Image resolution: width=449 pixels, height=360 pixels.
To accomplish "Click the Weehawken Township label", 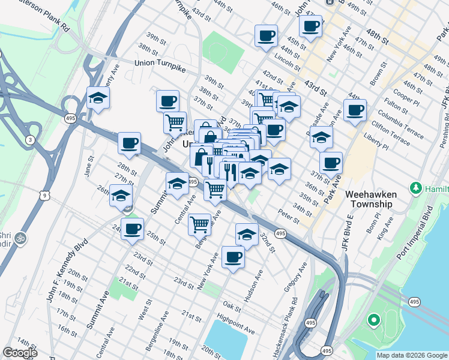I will click(x=369, y=199).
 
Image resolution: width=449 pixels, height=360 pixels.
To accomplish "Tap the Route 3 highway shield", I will click(x=30, y=140).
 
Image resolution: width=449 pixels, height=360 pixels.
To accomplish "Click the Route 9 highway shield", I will click(x=44, y=196).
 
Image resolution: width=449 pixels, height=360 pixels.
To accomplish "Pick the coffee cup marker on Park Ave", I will click(x=330, y=162).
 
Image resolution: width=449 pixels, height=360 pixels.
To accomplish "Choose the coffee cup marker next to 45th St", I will click(x=266, y=35).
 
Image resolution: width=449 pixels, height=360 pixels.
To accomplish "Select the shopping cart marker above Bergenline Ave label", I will click(x=199, y=224).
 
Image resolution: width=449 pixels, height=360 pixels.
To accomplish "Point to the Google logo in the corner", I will click(x=20, y=353).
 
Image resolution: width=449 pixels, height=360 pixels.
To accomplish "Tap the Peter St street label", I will click(x=288, y=214).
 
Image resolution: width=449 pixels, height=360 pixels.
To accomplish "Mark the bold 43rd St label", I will click(x=315, y=88).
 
